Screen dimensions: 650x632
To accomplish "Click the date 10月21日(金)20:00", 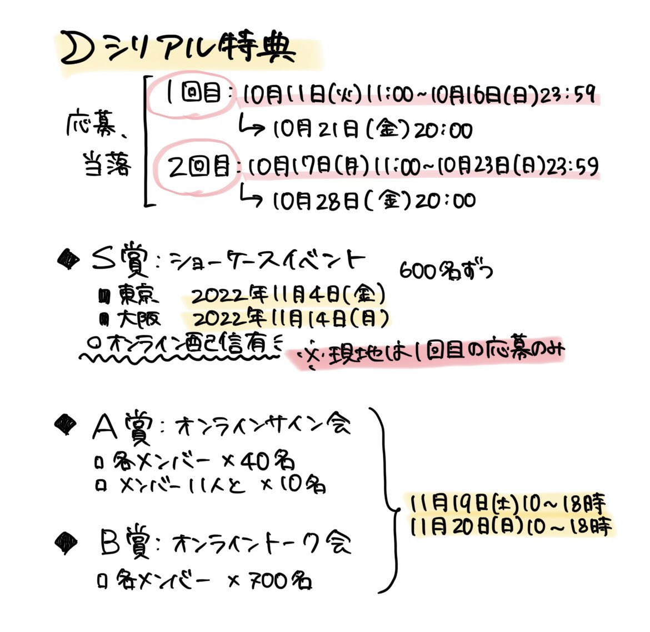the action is click(372, 130).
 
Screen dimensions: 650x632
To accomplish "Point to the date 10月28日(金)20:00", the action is click(374, 200).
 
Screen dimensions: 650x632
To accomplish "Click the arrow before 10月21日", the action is click(251, 127).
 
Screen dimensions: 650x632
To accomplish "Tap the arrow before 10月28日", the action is click(251, 197).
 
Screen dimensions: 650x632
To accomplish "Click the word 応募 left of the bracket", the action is click(89, 127).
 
